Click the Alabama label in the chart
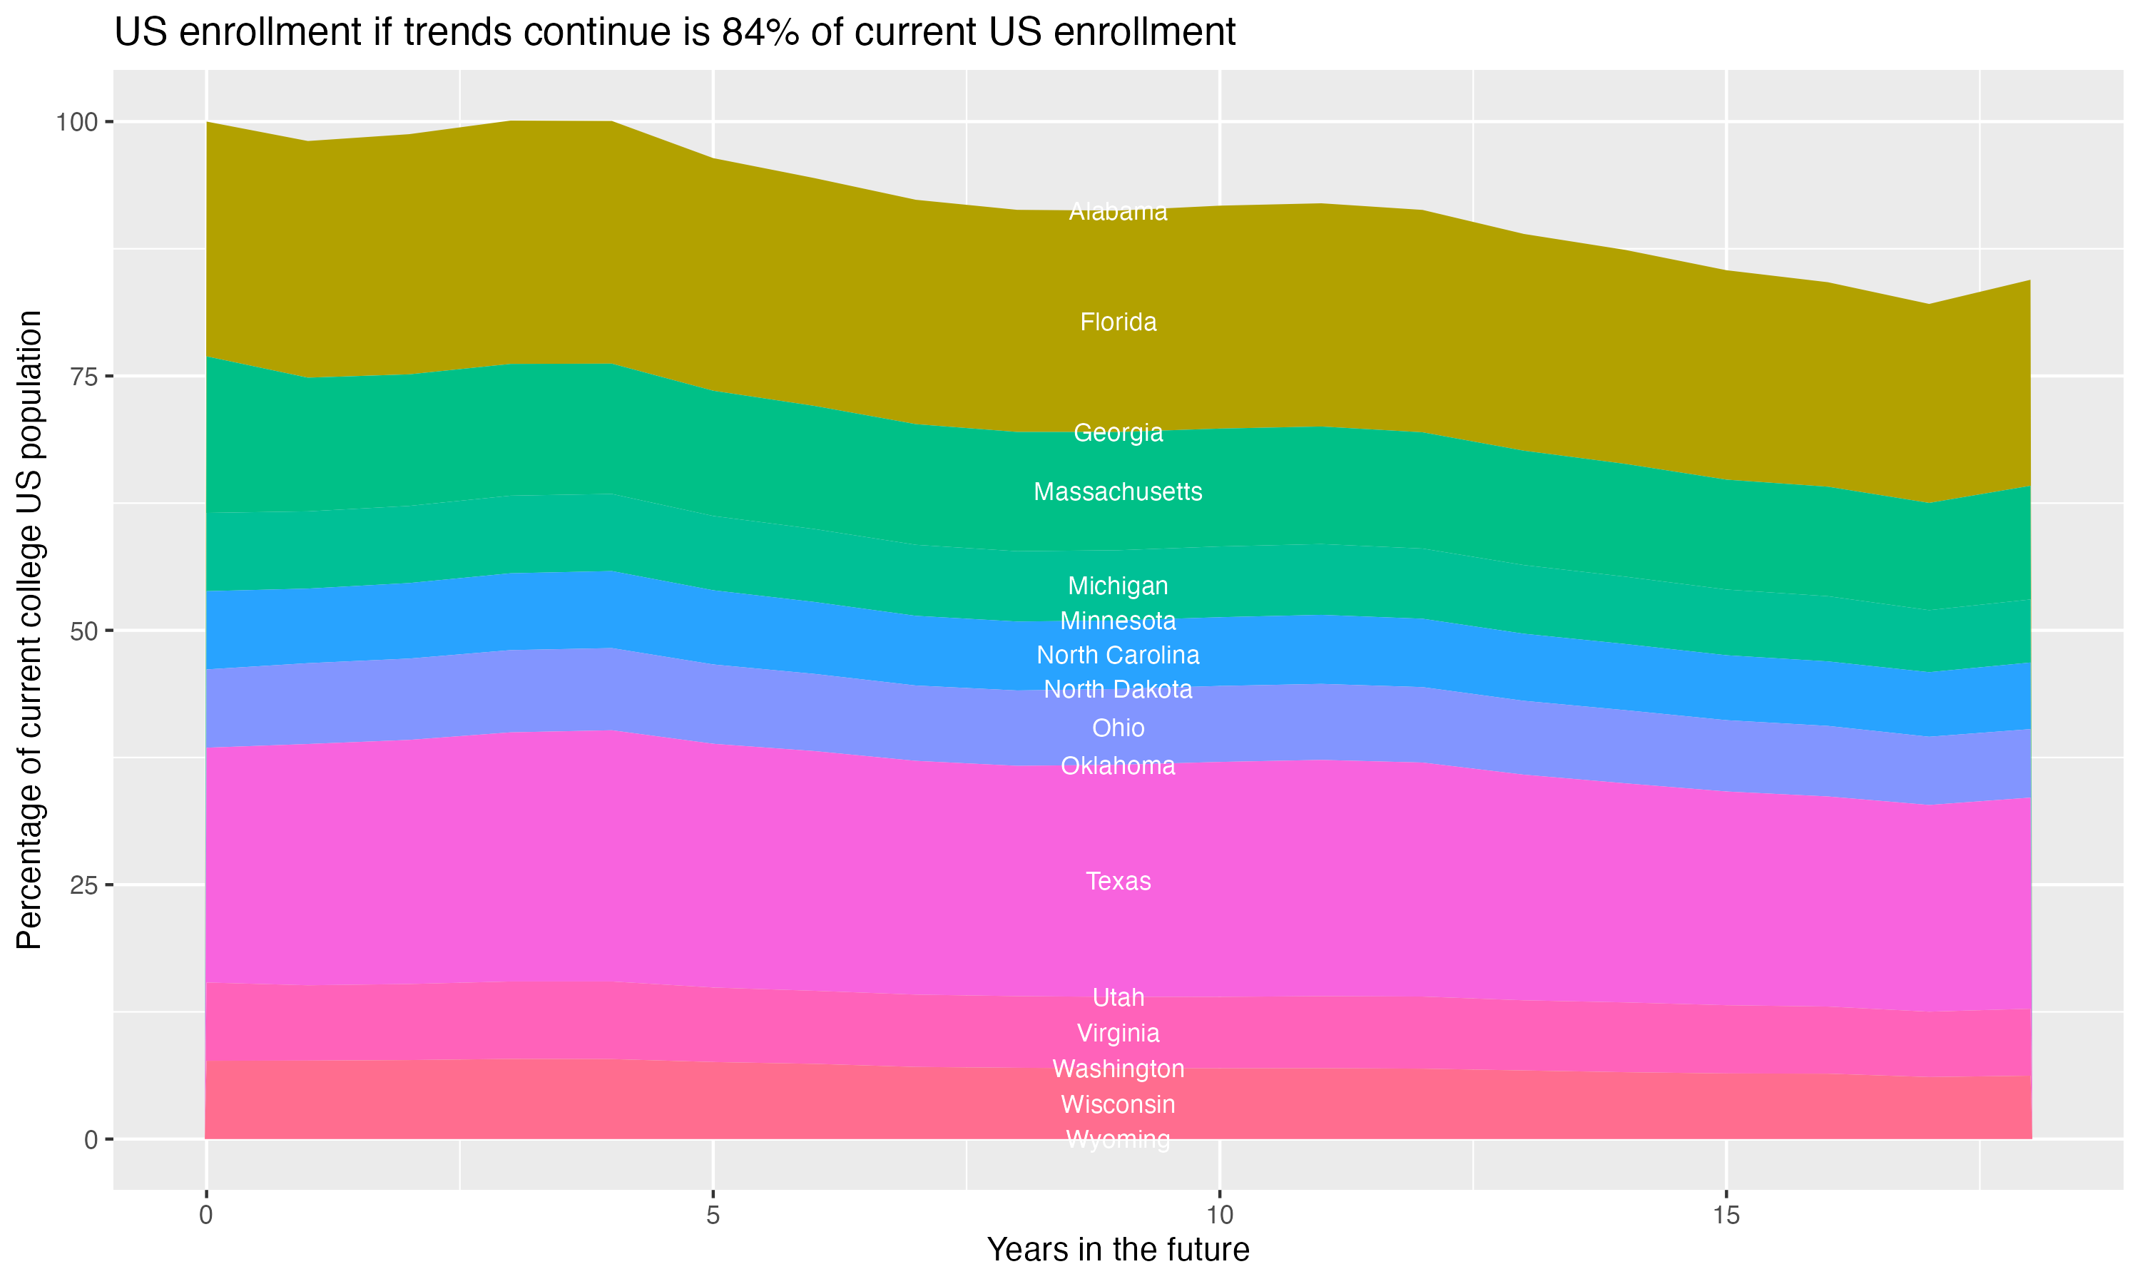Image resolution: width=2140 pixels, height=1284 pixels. tap(1118, 212)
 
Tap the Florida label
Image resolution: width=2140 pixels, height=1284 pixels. tap(1118, 322)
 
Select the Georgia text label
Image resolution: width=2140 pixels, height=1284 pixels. tap(1118, 432)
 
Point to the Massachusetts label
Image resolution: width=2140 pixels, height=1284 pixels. tap(1118, 492)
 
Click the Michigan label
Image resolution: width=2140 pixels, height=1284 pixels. tap(1118, 586)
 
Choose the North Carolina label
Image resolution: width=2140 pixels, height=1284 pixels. tap(1118, 656)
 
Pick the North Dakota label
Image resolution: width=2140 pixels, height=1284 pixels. tap(1118, 691)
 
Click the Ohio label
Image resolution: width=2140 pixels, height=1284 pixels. tap(1118, 728)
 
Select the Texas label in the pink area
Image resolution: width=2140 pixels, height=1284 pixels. tap(1118, 882)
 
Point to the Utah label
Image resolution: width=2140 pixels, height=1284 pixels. tap(1118, 999)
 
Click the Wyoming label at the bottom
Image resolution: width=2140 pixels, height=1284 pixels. tap(1118, 1139)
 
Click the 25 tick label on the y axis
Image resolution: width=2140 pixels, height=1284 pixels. tap(81, 885)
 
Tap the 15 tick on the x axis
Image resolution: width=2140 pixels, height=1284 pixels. tap(1726, 1216)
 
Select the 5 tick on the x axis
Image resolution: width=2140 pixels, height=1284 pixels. tap(713, 1216)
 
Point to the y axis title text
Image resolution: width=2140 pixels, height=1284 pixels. tap(29, 630)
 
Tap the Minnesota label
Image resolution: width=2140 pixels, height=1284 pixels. tap(1118, 621)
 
